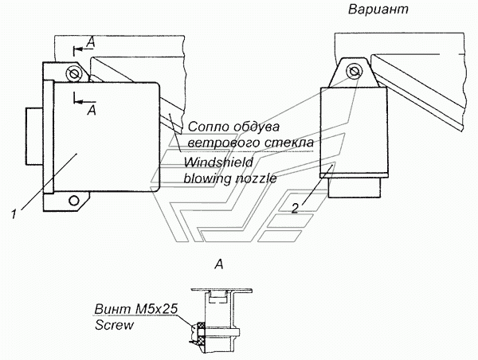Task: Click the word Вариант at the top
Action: point(378,10)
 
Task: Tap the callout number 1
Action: point(14,214)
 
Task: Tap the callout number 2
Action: point(295,208)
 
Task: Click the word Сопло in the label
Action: point(208,127)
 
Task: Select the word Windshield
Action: point(218,162)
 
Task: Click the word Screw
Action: point(114,325)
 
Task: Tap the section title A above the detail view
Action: point(219,264)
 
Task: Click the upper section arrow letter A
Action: point(91,43)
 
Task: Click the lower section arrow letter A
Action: point(92,110)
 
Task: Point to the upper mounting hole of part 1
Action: point(73,73)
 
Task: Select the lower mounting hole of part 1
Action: point(73,201)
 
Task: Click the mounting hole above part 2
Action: point(354,72)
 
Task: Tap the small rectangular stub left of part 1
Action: point(34,136)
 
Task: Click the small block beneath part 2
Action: point(355,187)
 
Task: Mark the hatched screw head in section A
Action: point(202,333)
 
